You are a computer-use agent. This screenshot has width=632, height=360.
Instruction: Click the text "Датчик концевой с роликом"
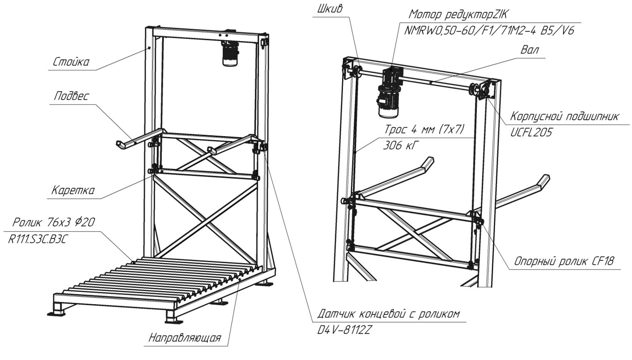click(388, 315)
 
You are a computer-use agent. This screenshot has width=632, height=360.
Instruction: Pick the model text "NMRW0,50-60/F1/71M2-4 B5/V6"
click(489, 30)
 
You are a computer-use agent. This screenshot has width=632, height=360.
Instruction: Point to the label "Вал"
click(531, 50)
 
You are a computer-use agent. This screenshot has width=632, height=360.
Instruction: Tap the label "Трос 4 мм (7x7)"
click(424, 130)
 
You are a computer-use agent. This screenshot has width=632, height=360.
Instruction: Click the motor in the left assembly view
click(228, 54)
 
